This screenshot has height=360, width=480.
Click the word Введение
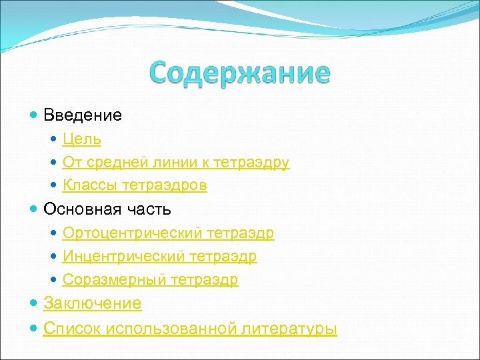pos(83,115)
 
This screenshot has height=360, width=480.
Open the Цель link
pos(82,139)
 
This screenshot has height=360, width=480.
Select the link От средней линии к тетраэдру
pos(176,163)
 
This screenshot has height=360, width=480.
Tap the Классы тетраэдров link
pos(135,185)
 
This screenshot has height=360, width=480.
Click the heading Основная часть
pos(107,209)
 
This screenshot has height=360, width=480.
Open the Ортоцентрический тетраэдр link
pos(168,233)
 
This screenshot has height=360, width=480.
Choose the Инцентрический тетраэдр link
pos(159,257)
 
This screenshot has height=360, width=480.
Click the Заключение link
pos(92,304)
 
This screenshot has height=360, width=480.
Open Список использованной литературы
pos(190,329)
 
